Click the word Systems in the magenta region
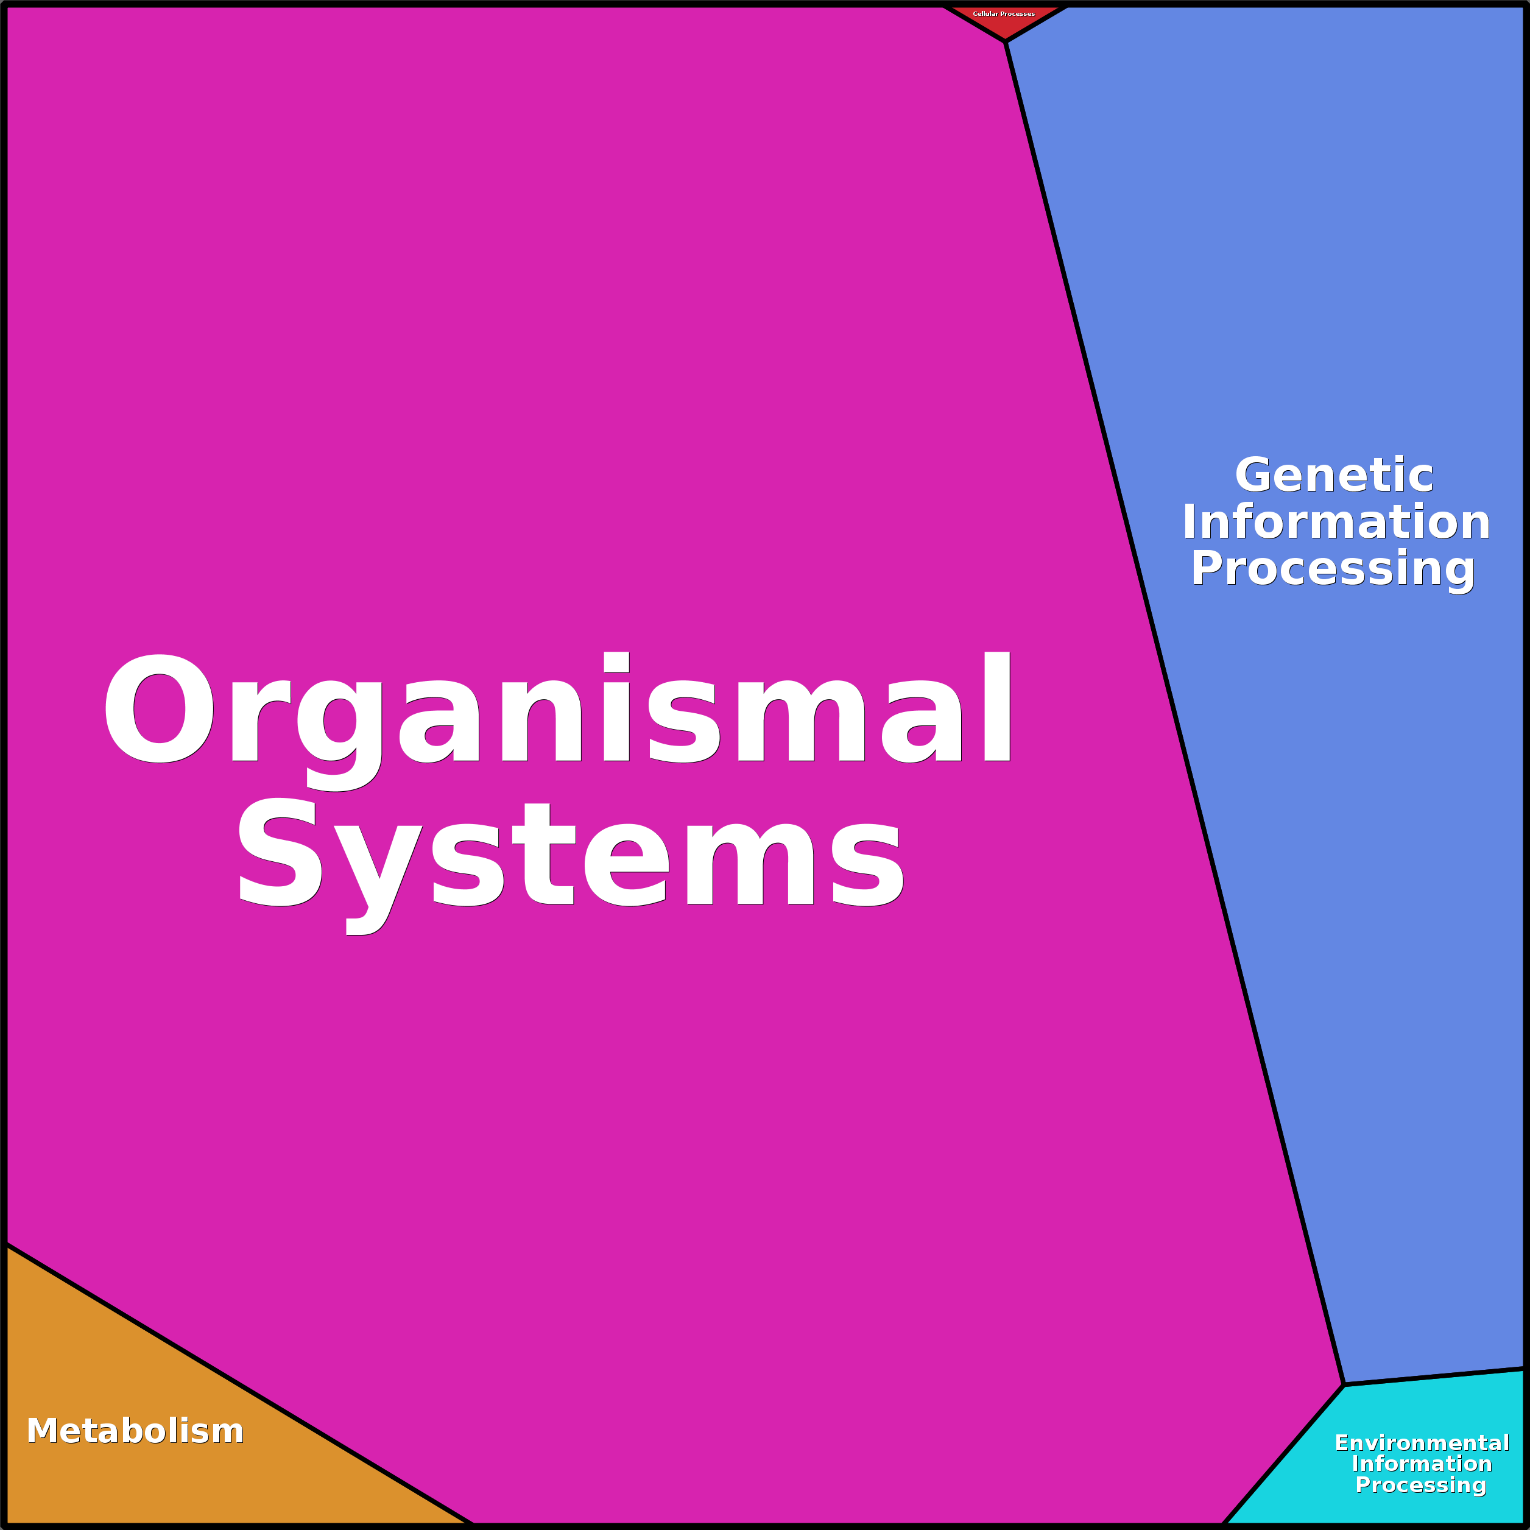(570, 855)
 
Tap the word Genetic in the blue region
(1334, 475)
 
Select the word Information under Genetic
(1336, 522)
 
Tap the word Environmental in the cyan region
(1422, 1442)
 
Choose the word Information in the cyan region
(1422, 1464)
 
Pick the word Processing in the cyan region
(1421, 1485)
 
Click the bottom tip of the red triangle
(1006, 40)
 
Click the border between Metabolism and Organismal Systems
(238, 1383)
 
